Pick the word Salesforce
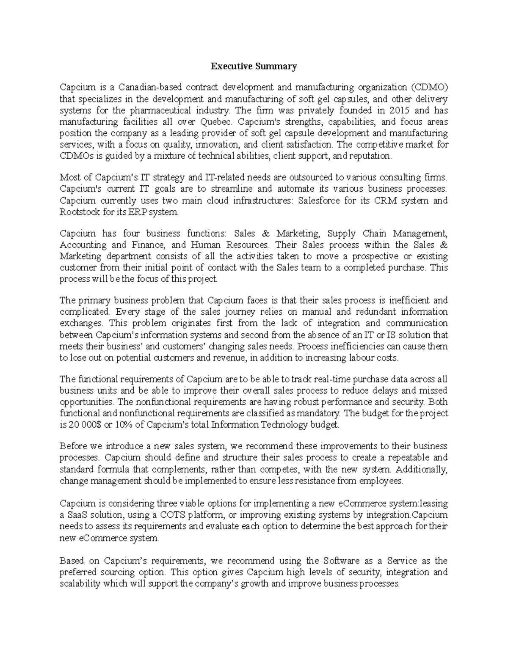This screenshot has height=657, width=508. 319,201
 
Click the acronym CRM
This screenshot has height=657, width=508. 386,201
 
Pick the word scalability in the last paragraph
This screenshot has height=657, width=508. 80,584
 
